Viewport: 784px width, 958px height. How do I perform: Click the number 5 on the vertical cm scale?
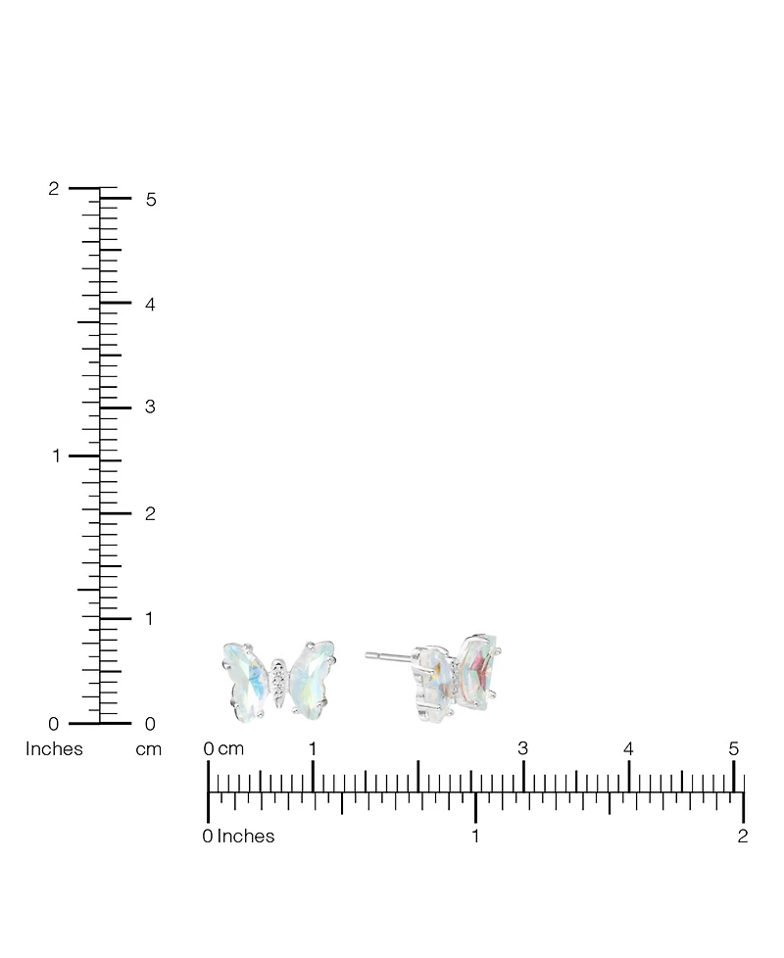click(151, 199)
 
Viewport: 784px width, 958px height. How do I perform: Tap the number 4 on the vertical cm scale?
click(150, 304)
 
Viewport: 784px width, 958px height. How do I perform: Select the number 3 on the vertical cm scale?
click(150, 407)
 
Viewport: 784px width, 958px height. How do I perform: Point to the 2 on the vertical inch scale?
click(54, 189)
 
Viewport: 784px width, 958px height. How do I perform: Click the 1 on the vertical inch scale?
click(57, 455)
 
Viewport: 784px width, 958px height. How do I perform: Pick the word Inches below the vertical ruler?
click(54, 748)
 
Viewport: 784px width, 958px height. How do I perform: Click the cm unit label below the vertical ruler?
click(149, 749)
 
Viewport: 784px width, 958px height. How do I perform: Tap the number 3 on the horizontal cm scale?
click(522, 748)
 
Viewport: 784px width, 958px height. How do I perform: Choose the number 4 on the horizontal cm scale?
click(628, 748)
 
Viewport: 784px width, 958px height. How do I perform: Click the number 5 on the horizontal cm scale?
click(734, 748)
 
